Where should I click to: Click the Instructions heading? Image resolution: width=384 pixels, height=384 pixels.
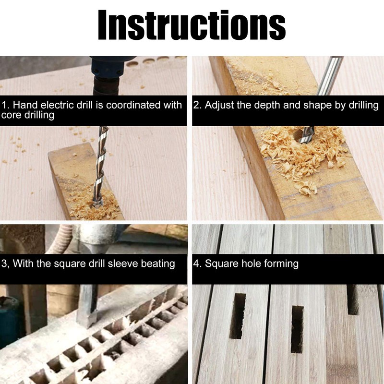click(192, 25)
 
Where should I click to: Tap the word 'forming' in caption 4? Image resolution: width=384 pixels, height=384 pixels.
click(280, 264)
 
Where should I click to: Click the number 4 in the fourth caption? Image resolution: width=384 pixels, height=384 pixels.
click(196, 264)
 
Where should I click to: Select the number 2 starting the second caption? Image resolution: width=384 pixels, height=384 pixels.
click(196, 105)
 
